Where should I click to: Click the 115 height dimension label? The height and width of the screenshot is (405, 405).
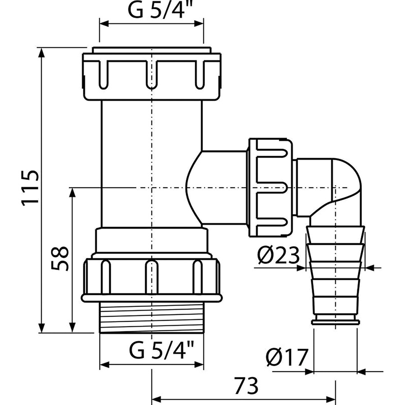click(x=31, y=188)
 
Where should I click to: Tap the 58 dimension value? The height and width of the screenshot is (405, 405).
click(x=60, y=258)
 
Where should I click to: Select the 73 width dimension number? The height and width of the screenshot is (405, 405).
click(x=246, y=385)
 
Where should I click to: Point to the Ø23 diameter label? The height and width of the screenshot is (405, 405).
click(x=279, y=256)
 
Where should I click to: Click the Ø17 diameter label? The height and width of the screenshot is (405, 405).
click(x=287, y=357)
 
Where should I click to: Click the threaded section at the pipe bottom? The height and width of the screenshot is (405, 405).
click(x=151, y=318)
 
